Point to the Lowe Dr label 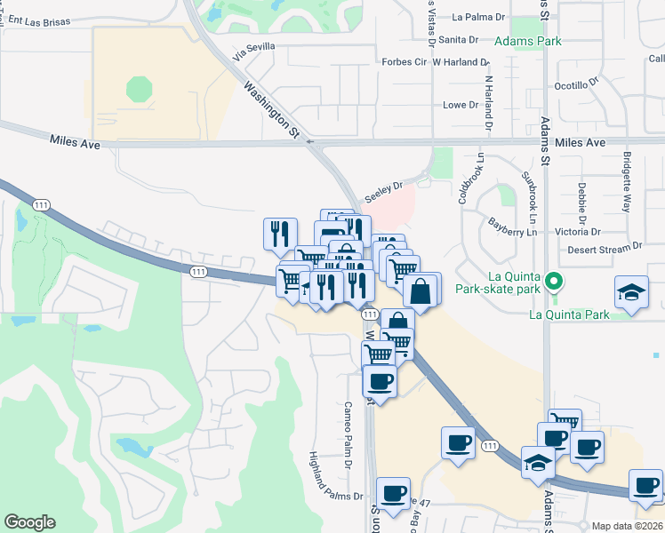(461, 105)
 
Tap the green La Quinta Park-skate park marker (554, 282)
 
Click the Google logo (29, 522)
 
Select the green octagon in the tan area (140, 89)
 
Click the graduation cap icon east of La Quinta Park (631, 293)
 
